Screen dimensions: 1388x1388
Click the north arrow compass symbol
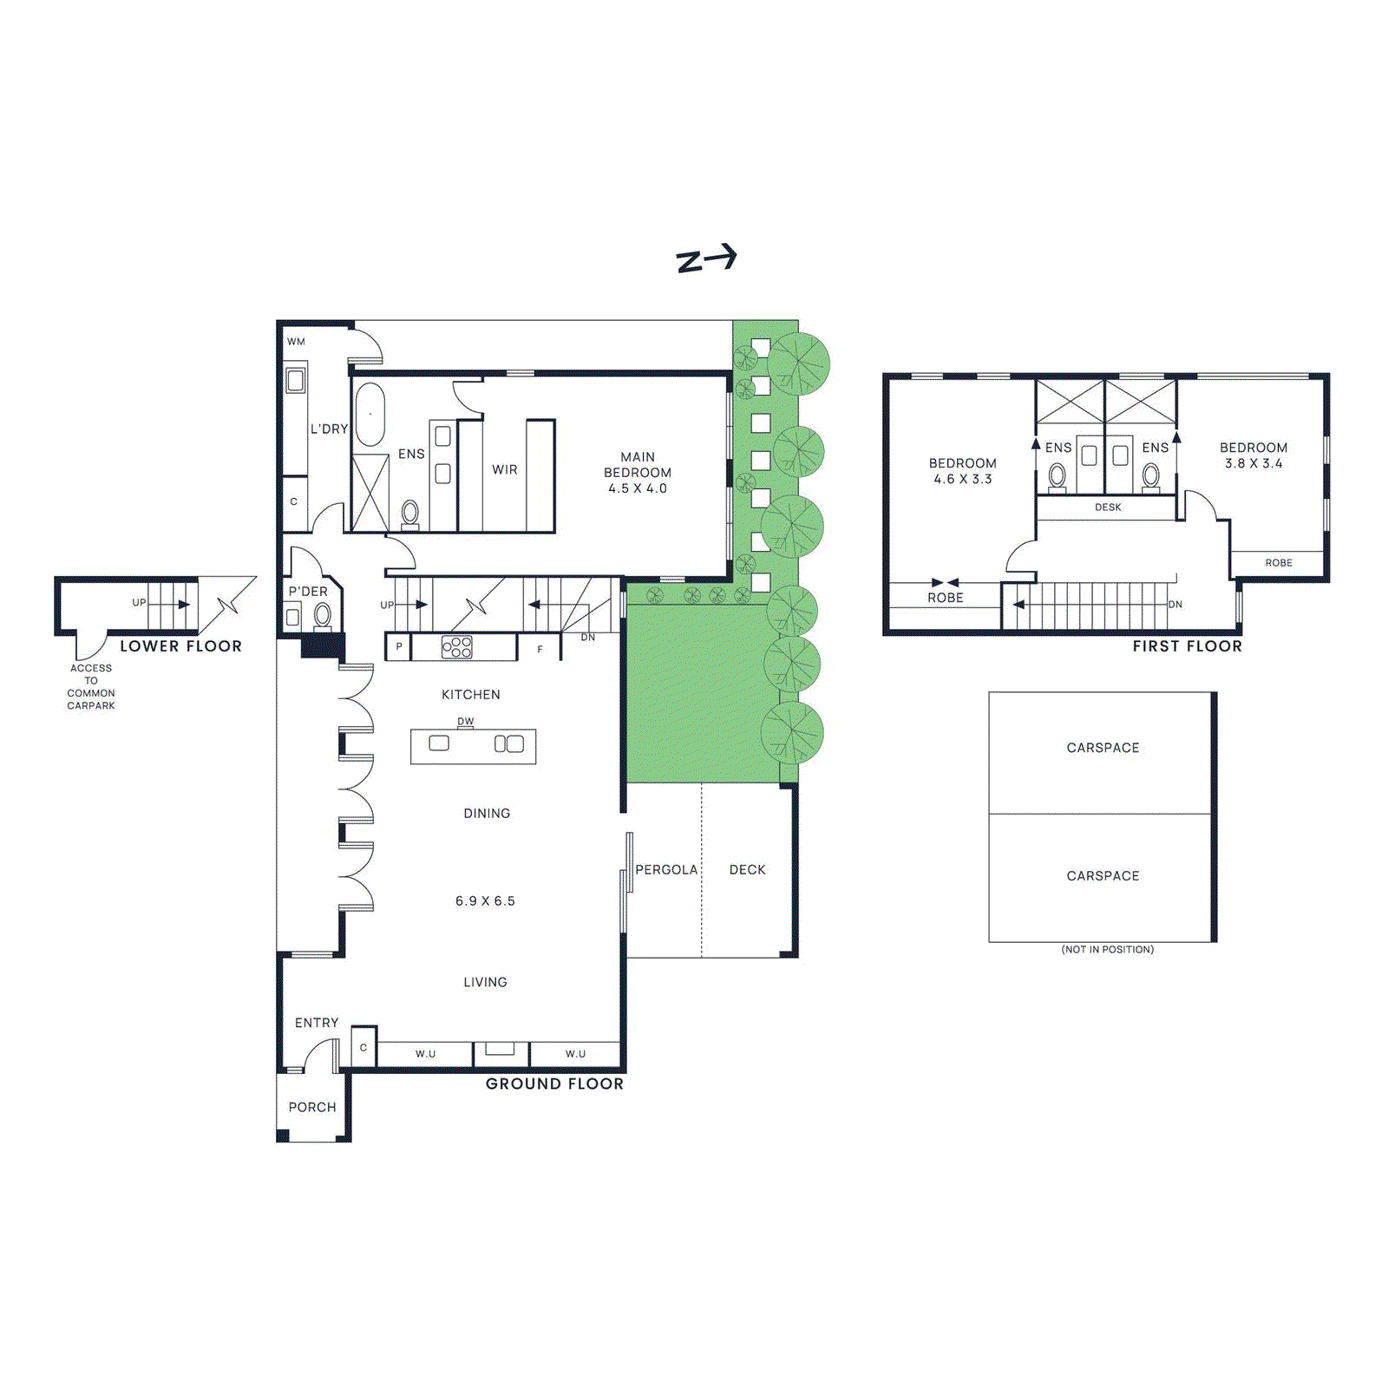[706, 259]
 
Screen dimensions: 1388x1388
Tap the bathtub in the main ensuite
[370, 414]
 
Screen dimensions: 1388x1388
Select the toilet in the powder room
[323, 617]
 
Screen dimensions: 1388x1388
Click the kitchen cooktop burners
[457, 647]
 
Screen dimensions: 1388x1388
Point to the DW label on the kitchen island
[466, 721]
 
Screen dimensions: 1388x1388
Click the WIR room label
[505, 469]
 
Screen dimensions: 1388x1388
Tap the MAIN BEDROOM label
[638, 465]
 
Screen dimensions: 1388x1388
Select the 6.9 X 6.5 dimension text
[485, 901]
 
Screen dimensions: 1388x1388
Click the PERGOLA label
[666, 869]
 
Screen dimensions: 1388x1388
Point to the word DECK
[748, 869]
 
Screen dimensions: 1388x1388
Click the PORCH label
[312, 1107]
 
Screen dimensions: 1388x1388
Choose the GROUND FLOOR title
[554, 1084]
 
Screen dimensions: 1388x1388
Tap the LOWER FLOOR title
[181, 646]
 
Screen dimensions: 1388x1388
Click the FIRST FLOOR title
[1188, 646]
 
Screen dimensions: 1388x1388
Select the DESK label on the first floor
[1108, 507]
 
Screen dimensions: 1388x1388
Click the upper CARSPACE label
[1103, 748]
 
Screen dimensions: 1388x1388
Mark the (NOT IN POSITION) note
[1108, 950]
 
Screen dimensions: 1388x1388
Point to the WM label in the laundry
[297, 342]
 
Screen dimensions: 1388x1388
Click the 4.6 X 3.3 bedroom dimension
[963, 479]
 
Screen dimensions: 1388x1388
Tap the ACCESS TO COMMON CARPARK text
[91, 687]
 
